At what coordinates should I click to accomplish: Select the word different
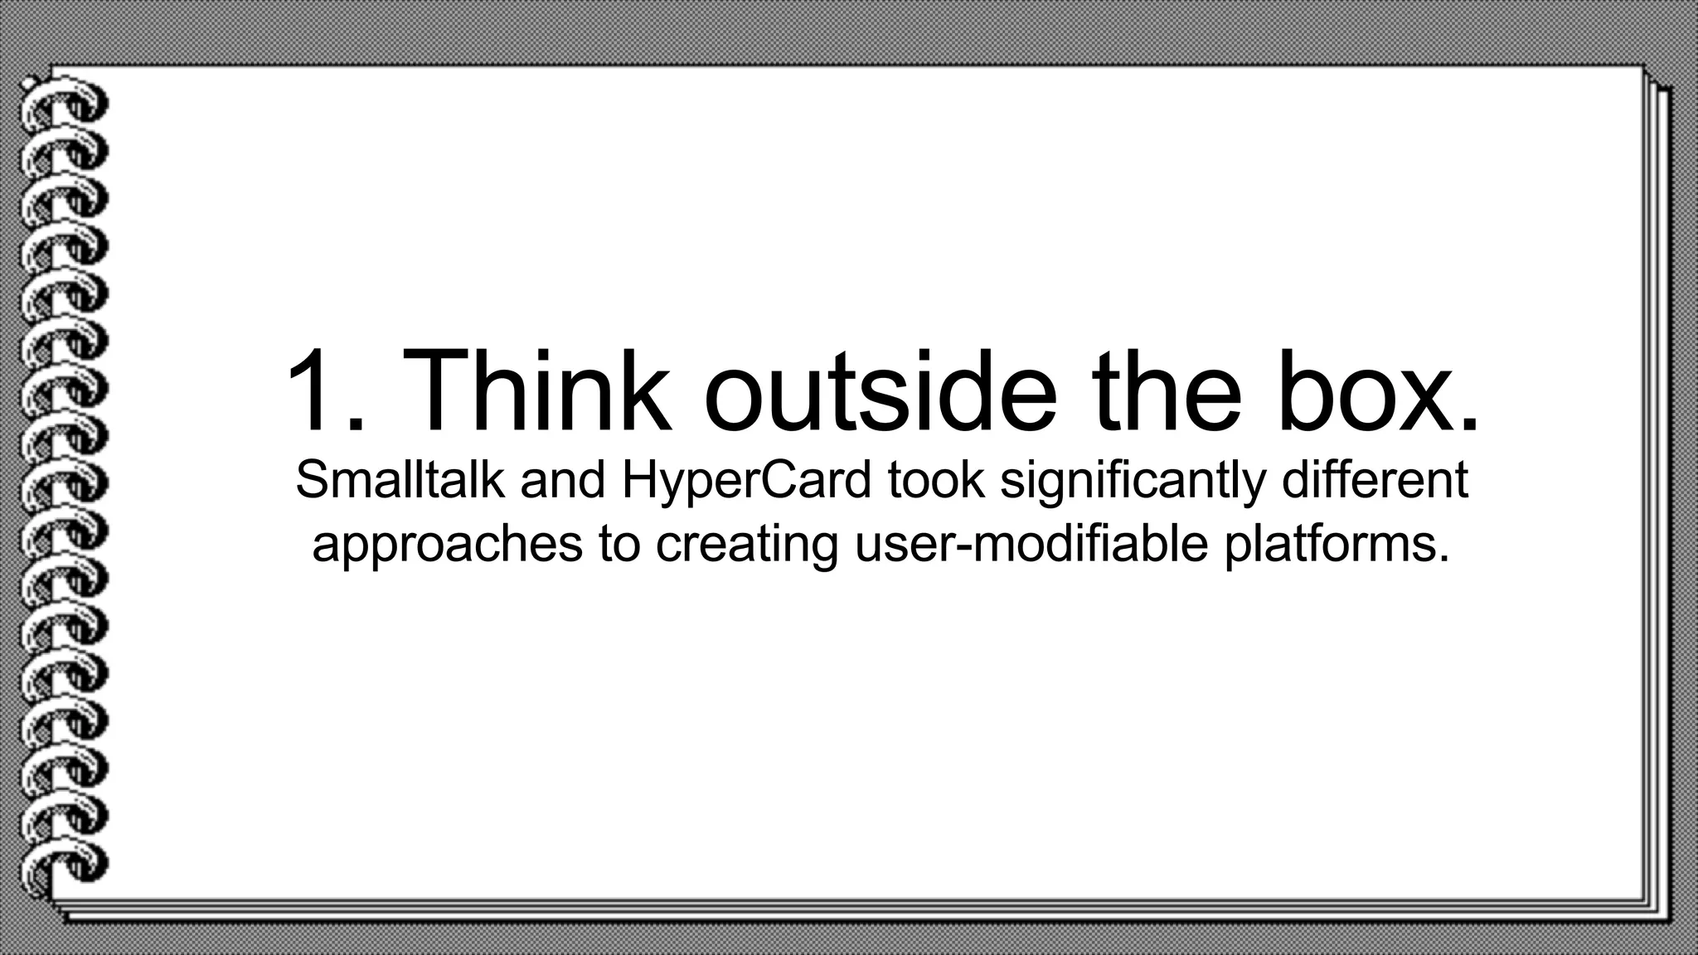pyautogui.click(x=1375, y=480)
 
